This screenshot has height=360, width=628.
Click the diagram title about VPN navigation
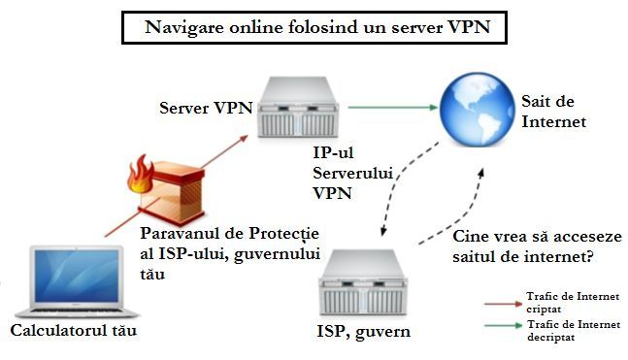(x=317, y=27)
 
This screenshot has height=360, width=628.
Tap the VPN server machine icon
(x=298, y=108)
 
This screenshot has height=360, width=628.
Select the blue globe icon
(x=477, y=110)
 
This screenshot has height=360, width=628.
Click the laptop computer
(x=77, y=282)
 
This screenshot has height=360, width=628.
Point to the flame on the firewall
(x=141, y=175)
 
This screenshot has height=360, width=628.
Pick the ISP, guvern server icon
(x=362, y=282)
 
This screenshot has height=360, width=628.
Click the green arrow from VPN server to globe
(x=393, y=108)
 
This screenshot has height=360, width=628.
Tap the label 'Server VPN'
(x=206, y=108)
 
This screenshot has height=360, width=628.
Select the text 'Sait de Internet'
(x=553, y=112)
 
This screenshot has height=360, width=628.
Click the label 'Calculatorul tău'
(x=74, y=330)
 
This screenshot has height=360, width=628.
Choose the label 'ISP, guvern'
(x=364, y=332)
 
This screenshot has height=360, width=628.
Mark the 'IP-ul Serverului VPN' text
(x=352, y=173)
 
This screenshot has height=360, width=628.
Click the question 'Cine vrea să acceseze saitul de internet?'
(x=537, y=246)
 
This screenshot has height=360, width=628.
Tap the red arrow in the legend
(x=504, y=304)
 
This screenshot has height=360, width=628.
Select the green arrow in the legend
(x=504, y=326)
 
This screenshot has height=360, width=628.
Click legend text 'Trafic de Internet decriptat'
(x=574, y=331)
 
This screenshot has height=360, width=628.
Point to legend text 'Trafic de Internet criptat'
(x=573, y=303)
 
